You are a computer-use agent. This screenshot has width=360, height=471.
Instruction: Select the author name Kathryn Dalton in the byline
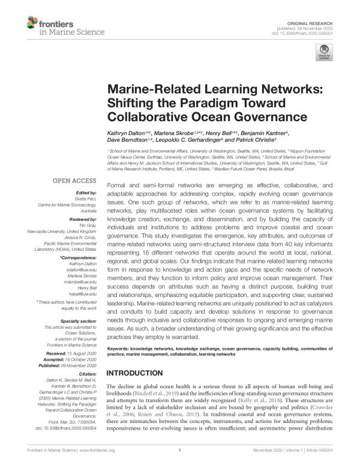coord(128,133)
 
